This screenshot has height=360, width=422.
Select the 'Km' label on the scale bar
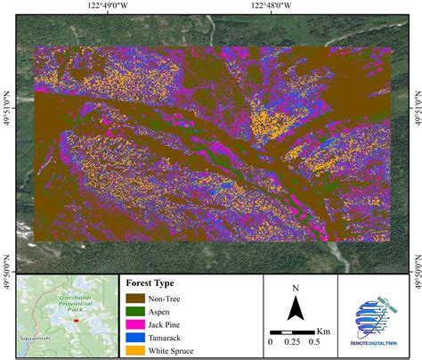[323, 331]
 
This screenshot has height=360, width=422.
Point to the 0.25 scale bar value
[293, 342]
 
